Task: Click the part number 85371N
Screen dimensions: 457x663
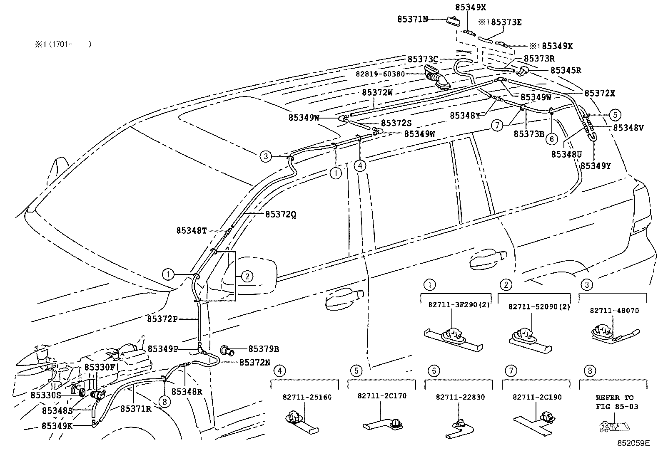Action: point(412,19)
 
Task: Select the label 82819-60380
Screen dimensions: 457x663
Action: point(380,74)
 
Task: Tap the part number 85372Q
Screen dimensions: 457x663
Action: point(281,215)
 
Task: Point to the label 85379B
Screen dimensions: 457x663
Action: point(264,349)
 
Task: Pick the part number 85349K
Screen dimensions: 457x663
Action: point(57,426)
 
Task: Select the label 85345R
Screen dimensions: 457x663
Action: point(566,70)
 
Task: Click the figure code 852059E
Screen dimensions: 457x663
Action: point(633,443)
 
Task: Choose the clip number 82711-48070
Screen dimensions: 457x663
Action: point(614,311)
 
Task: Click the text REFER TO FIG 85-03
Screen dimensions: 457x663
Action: point(614,402)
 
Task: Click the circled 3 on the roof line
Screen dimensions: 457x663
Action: point(265,157)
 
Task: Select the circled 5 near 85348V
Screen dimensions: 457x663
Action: point(615,115)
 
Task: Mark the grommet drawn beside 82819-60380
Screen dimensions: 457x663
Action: point(437,79)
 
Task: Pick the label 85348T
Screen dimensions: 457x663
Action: point(191,230)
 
